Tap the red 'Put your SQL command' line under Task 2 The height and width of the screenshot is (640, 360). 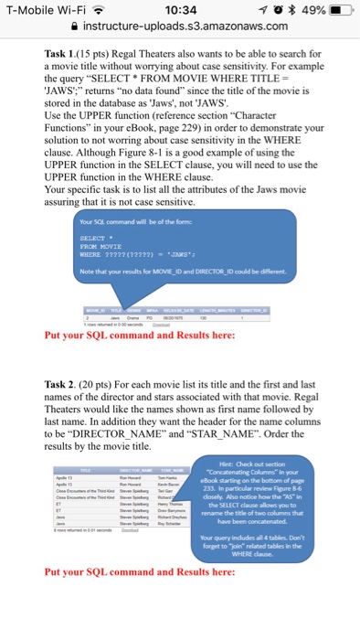point(139,571)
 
